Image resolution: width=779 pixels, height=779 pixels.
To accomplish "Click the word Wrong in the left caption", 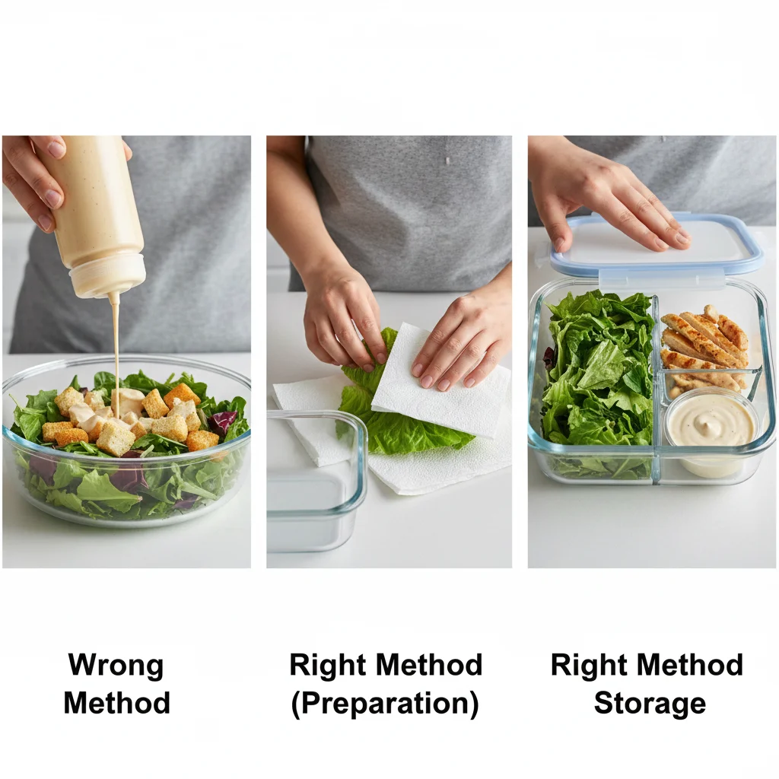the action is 116,665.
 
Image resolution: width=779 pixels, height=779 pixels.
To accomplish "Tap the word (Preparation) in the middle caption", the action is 385,704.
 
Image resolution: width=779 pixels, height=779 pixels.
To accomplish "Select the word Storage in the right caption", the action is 650,704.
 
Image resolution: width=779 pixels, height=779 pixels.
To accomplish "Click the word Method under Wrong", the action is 116,703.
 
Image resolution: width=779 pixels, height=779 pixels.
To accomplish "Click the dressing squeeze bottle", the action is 95,214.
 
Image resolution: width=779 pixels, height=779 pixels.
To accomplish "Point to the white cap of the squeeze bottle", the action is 108,275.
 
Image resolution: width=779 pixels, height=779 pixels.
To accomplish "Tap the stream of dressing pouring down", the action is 116,353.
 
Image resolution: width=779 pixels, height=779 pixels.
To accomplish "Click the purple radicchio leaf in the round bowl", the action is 221,421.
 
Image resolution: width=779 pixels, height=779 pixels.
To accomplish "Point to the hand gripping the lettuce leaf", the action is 343,318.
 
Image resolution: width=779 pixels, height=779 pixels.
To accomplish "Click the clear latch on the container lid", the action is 661,278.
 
